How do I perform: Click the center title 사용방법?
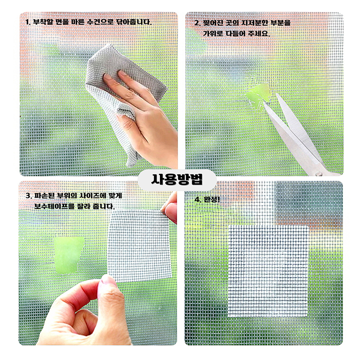click(x=177, y=180)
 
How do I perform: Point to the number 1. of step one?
click(x=28, y=22)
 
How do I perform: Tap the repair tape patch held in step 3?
click(x=140, y=246)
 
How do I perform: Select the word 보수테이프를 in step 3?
click(x=55, y=206)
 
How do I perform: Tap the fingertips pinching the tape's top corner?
click(x=170, y=210)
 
